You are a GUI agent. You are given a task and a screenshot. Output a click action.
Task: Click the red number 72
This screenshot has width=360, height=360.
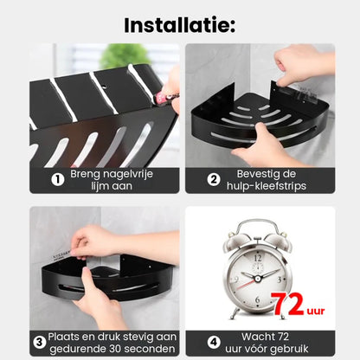pyautogui.click(x=288, y=305)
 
